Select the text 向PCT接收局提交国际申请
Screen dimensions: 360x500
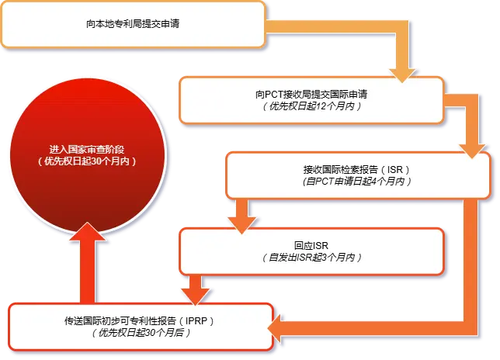311,94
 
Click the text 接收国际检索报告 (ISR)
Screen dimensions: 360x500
356,169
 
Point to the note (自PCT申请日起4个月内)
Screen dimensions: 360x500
357,181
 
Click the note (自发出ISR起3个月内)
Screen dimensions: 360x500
311,257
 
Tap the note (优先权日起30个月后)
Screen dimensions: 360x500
140,332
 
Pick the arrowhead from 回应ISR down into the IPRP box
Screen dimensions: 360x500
194,296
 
